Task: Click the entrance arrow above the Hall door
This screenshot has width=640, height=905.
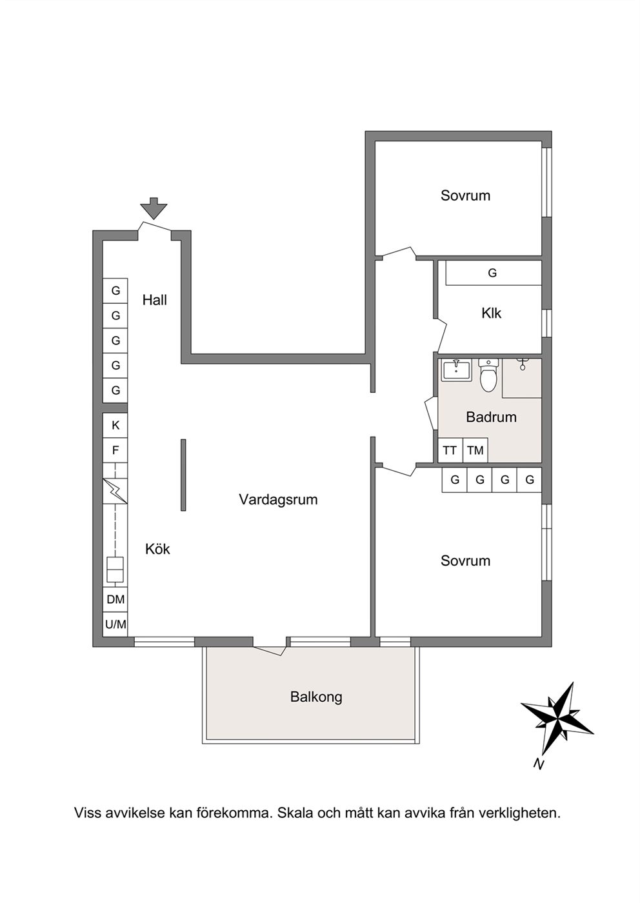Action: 154,208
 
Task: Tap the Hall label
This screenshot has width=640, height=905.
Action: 155,300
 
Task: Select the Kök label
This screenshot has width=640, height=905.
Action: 157,549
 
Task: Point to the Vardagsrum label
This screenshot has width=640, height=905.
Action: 278,500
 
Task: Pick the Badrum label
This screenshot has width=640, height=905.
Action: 492,417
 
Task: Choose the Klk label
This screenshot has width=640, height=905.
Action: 492,313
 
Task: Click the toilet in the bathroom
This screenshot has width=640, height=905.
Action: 488,375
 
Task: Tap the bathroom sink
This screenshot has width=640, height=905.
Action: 456,370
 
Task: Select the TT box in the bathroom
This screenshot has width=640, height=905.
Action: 450,450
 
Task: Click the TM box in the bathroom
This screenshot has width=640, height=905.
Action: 475,450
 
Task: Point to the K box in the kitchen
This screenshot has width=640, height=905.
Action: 115,425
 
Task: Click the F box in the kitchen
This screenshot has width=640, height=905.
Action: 115,450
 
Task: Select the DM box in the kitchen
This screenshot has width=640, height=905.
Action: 115,599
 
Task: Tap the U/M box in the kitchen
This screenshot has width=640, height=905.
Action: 115,624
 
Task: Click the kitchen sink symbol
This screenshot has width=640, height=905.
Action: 115,570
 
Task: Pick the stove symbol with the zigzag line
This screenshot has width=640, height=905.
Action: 115,491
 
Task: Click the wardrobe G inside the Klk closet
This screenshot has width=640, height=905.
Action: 492,273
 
